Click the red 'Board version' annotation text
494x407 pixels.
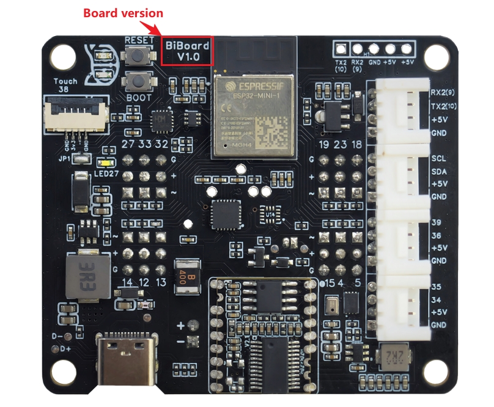122,13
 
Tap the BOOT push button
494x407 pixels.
139,81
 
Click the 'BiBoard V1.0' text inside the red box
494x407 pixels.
187,50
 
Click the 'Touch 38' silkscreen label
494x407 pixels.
65,85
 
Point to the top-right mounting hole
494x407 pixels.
435,59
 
